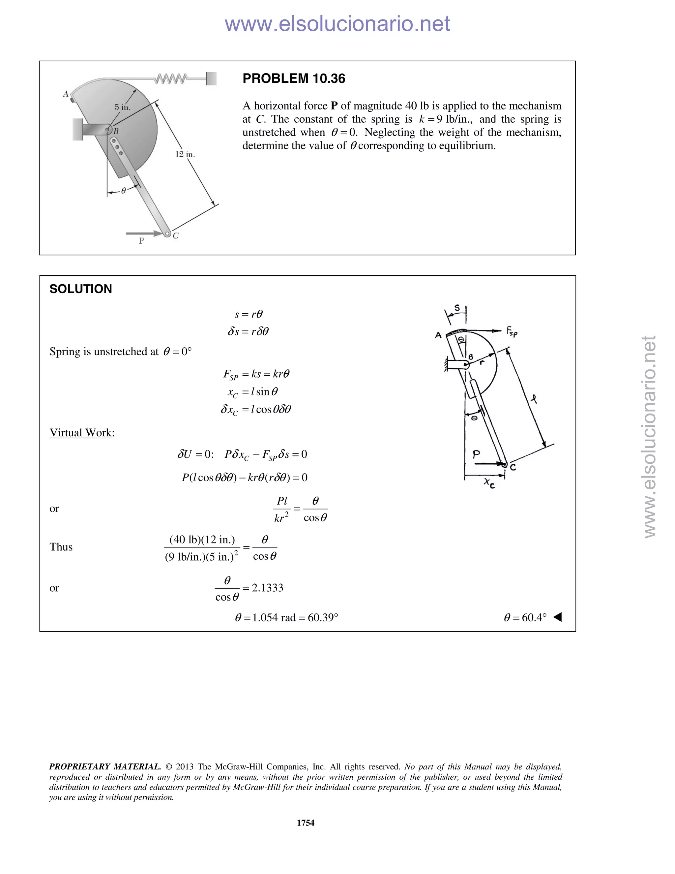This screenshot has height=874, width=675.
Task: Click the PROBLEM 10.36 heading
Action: pos(294,78)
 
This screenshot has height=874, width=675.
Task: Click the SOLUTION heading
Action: pos(80,289)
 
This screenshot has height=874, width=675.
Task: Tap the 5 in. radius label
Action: pos(122,107)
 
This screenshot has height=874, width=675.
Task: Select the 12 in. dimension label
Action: pos(185,154)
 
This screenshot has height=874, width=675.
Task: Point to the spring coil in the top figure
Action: pos(171,78)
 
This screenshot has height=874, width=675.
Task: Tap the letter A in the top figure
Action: pos(66,94)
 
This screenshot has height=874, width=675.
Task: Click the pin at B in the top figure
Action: pos(107,129)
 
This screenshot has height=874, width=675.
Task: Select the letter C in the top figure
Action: pos(176,236)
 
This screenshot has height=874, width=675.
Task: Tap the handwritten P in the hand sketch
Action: pos(476,454)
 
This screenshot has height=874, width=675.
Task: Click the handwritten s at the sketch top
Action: pos(457,308)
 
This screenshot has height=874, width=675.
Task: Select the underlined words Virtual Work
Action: pos(80,433)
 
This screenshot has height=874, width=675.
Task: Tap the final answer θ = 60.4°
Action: pos(525,617)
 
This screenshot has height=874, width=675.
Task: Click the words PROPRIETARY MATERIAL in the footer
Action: pos(105,766)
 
